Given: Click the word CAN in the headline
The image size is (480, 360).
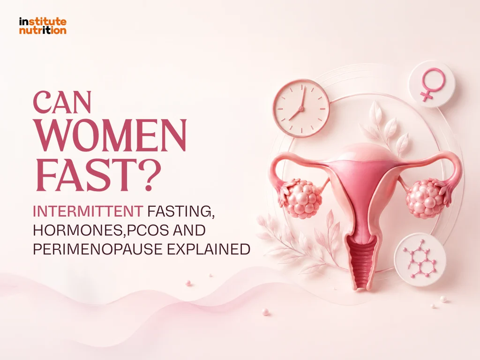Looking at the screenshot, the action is (x=62, y=102).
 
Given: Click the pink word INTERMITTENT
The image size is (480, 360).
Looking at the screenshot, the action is (x=88, y=211).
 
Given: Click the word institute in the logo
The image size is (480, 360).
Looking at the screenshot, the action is (x=43, y=22).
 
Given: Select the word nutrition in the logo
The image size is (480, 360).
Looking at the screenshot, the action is (x=43, y=30).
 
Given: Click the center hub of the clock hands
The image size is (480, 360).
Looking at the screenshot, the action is (x=301, y=108).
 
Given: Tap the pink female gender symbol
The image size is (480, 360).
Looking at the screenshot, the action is (x=432, y=84).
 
